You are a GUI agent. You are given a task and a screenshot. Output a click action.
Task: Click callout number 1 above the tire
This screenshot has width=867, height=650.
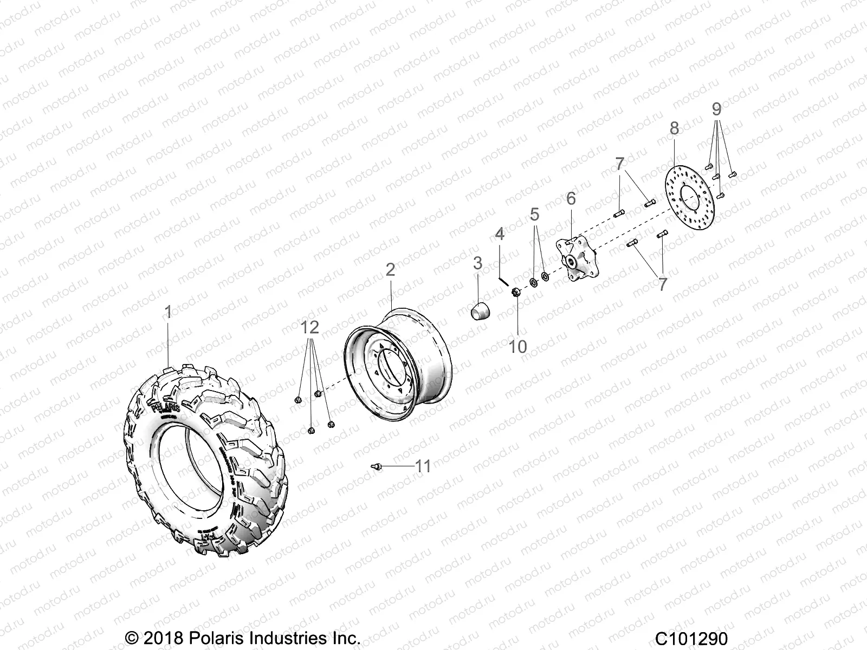coord(168,313)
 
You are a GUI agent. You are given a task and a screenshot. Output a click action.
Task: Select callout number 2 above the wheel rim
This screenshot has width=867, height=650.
coord(391,270)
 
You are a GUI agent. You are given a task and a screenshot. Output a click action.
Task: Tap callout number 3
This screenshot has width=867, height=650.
coord(477,264)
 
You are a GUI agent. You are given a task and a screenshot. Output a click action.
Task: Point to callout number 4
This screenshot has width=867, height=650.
coord(500,234)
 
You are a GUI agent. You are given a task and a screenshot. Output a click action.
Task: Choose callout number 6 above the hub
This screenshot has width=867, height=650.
coord(571,199)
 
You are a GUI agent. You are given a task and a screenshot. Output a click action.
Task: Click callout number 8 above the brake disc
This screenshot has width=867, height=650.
coord(674,128)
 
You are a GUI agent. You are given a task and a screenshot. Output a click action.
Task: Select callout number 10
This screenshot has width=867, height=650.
coord(519,347)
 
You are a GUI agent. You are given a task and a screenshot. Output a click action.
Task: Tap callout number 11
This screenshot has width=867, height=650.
coord(423,466)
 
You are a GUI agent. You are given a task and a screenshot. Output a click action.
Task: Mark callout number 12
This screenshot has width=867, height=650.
coord(310,328)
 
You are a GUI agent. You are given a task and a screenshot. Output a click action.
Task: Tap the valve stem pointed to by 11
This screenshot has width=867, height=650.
coord(377,466)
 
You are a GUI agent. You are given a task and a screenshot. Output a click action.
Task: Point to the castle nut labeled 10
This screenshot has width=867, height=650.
coord(516,293)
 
